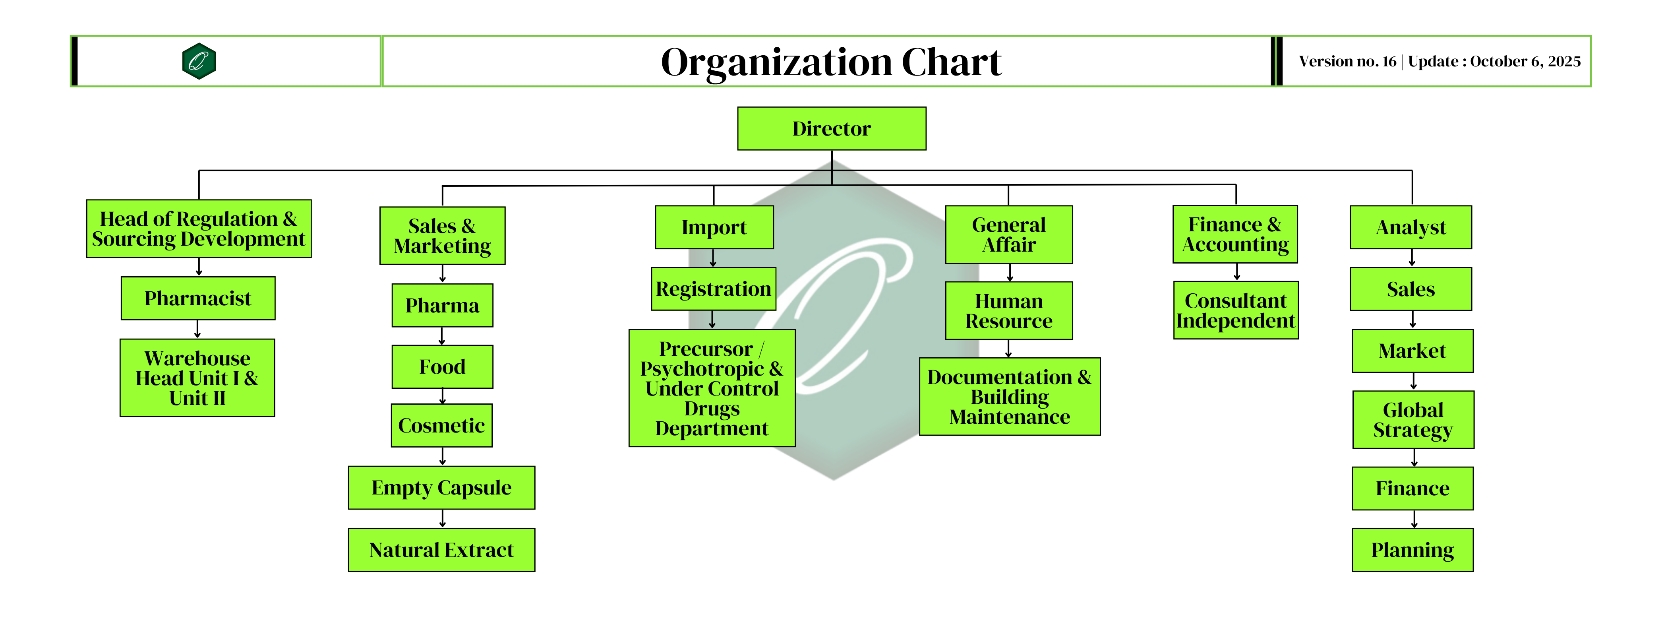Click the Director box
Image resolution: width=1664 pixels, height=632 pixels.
pos(831,129)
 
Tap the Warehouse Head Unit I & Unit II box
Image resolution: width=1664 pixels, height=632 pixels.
pos(197,378)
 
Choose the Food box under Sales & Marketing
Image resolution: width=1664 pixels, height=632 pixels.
pos(442,366)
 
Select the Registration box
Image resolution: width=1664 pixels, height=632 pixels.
pos(713,289)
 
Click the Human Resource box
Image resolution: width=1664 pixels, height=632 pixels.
pos(1008,311)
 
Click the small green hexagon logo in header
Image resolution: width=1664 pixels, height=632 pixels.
pos(199,61)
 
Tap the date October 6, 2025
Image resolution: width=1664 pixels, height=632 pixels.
pos(1525,61)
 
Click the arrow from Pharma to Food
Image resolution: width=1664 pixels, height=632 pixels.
pos(442,336)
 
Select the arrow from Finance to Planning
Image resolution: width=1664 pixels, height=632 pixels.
pos(1414,519)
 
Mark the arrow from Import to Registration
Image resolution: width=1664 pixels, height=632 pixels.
pos(713,258)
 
